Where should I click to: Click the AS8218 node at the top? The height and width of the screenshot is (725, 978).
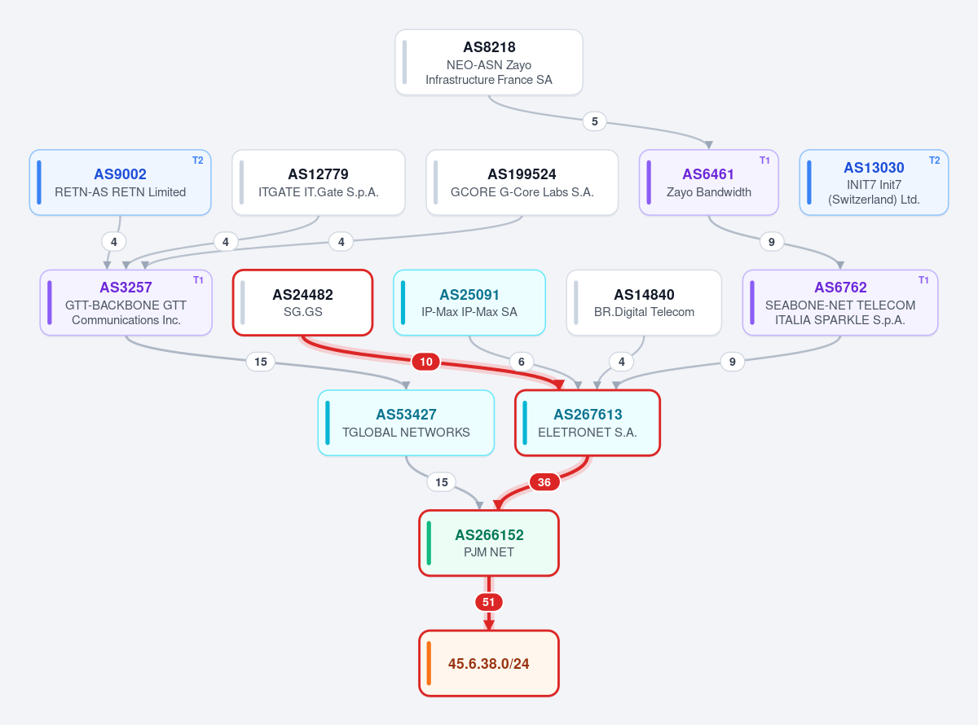pos(488,62)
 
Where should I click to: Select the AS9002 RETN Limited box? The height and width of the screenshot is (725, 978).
pos(120,182)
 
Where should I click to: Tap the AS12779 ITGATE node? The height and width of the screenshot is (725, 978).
pos(318,182)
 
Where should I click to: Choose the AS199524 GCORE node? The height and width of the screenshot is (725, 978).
pos(522,182)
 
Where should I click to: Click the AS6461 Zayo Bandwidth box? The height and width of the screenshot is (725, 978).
pos(708,182)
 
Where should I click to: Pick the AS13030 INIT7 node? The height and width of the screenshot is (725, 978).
pos(874,182)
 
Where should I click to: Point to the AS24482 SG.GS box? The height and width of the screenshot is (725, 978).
pos(303,303)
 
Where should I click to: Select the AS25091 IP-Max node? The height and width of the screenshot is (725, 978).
pos(469,303)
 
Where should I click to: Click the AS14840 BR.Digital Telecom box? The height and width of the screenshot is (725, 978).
pos(644,303)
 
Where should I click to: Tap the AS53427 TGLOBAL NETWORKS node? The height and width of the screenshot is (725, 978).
pos(406,423)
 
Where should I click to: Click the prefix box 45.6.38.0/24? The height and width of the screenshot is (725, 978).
pos(488,663)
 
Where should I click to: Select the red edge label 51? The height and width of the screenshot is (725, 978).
pos(488,602)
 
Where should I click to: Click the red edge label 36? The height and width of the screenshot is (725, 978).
pos(544,482)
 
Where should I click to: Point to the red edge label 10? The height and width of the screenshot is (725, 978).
pos(426,362)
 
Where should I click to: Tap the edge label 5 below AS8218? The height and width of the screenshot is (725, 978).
pos(594,121)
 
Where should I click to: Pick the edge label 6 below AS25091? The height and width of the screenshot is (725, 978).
pos(521,362)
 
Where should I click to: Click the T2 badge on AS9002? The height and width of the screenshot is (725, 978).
pos(197,160)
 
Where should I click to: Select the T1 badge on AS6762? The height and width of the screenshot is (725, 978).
pos(923,280)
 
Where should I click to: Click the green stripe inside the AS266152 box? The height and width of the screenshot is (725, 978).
pos(429,543)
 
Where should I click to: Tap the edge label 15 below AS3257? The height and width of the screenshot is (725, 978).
pos(261,362)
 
